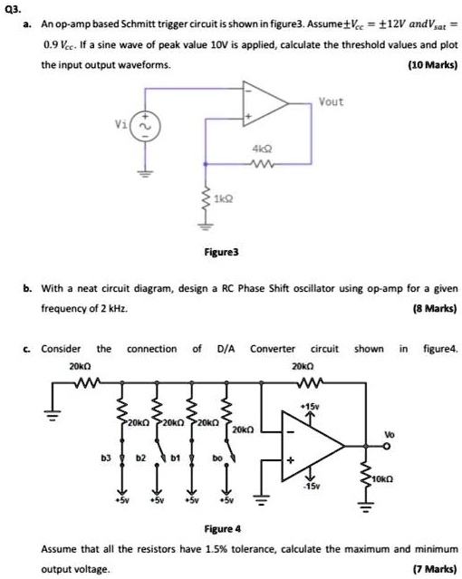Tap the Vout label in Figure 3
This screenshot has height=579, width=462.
331,101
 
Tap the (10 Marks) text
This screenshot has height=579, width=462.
431,64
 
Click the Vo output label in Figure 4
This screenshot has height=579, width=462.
389,433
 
